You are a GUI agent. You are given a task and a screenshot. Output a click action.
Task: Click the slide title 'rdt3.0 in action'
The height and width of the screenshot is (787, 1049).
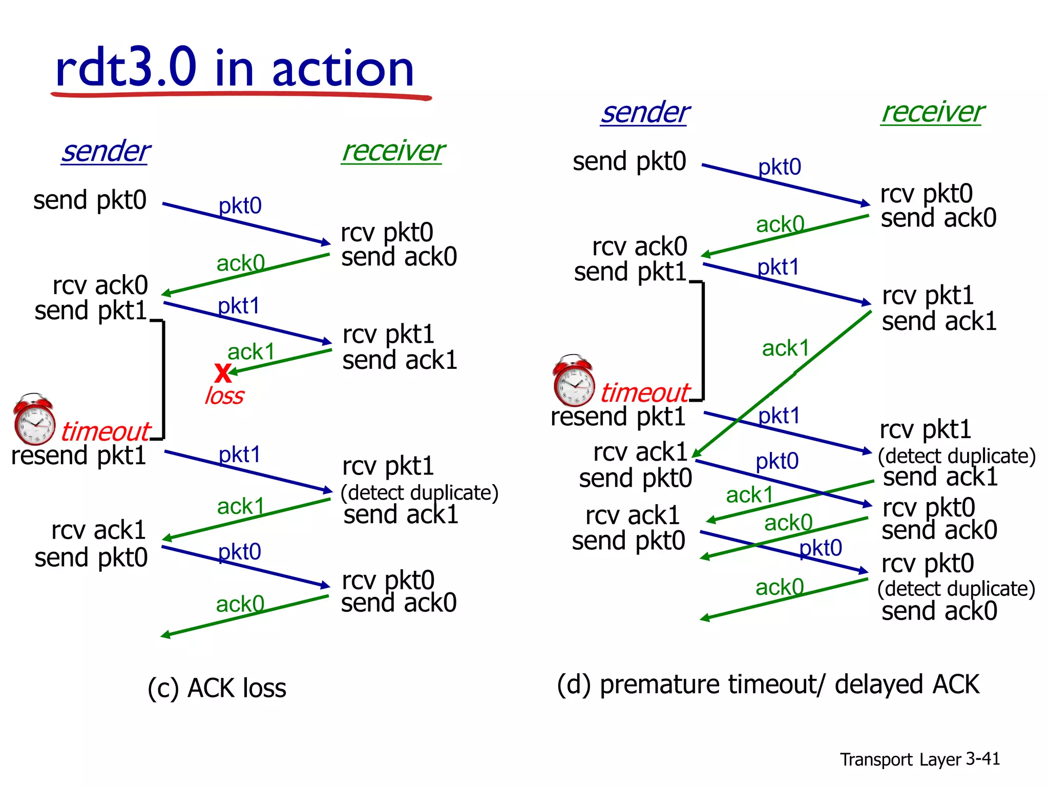point(235,68)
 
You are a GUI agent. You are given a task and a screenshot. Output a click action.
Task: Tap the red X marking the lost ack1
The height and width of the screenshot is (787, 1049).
point(223,372)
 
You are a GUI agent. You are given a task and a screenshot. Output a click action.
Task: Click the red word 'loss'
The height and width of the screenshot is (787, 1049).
point(224,396)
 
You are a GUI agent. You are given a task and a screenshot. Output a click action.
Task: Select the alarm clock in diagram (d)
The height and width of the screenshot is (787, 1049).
point(574,381)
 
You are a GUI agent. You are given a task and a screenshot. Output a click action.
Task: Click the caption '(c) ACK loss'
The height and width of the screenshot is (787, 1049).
point(217,688)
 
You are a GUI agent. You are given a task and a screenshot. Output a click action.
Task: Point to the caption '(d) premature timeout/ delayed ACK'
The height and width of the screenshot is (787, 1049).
point(768,685)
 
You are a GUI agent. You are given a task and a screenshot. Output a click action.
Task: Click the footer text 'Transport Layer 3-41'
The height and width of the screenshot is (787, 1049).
point(919,759)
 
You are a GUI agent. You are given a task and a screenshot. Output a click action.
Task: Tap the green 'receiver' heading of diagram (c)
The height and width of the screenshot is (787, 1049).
point(393,151)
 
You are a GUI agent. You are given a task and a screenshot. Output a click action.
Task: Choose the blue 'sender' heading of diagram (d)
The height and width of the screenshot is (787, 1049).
point(645,113)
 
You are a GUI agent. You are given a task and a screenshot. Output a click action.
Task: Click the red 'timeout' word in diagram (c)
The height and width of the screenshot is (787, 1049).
point(106,431)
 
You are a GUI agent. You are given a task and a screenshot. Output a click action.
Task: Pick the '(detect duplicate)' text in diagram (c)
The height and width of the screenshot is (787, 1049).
point(419,492)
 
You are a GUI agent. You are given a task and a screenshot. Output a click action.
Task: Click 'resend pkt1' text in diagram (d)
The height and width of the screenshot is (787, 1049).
point(618,416)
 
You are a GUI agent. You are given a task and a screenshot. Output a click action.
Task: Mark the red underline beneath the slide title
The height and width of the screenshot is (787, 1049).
point(241,95)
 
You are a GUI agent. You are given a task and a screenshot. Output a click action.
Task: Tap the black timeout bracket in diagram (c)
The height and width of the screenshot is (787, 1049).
point(163,379)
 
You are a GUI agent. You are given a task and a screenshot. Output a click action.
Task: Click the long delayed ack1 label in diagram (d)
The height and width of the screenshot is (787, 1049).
point(785,348)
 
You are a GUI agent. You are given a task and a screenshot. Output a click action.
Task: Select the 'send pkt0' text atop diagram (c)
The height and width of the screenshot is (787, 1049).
point(90,200)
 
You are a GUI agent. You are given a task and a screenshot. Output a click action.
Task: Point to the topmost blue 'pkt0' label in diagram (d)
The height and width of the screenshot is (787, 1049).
point(779,167)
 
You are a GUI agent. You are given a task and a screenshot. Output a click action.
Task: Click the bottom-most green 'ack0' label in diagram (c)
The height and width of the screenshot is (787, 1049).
point(240,604)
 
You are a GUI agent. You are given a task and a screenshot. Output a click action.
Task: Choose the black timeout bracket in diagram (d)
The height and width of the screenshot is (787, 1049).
point(703,341)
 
